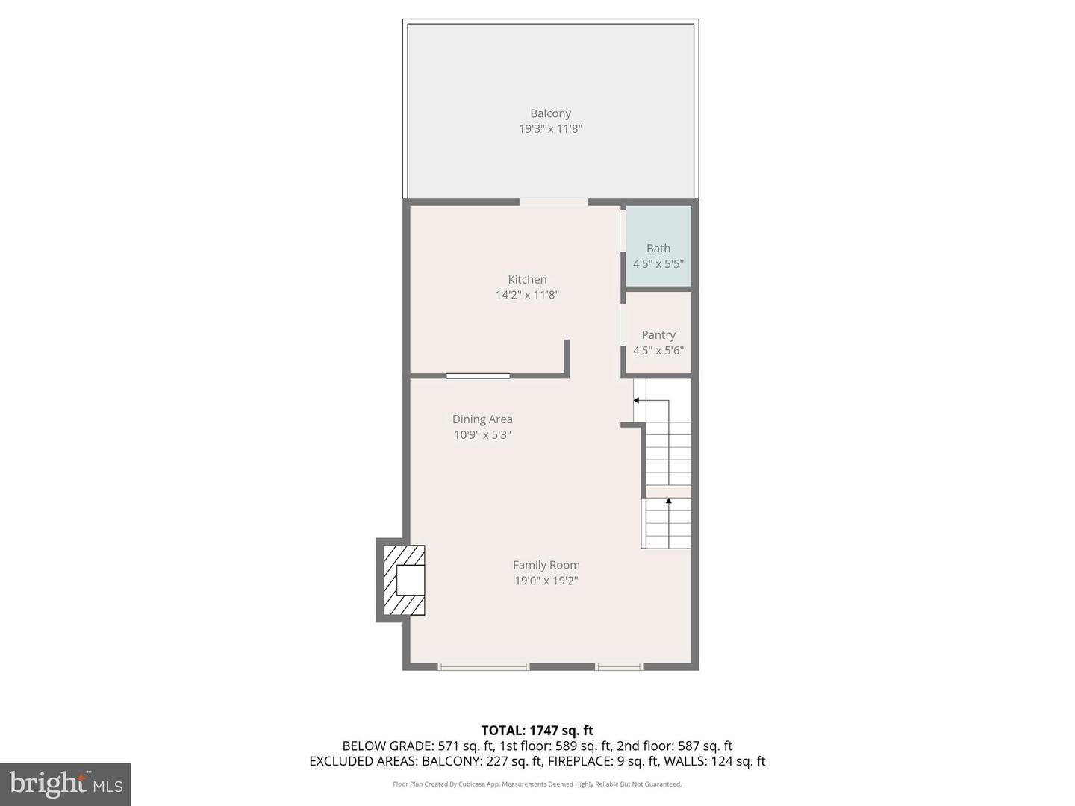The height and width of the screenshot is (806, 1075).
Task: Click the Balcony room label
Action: (550, 113)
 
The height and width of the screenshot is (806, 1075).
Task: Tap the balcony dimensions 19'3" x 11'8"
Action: (550, 128)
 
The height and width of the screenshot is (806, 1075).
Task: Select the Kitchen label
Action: (527, 279)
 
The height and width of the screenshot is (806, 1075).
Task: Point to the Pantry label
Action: (658, 334)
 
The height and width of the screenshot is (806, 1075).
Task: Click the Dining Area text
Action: (482, 419)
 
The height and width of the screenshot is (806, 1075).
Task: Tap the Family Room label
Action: (546, 565)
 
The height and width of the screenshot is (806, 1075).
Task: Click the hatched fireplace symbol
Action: (404, 580)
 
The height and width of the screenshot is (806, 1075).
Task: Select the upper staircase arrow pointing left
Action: (637, 401)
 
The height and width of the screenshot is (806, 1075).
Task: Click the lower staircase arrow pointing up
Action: (668, 502)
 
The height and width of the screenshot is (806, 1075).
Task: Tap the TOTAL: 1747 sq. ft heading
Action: (537, 730)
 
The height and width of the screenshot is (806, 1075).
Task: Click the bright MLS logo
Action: (65, 784)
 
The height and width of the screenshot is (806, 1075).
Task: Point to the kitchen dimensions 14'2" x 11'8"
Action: (527, 295)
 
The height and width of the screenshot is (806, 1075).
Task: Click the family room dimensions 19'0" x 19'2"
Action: (546, 581)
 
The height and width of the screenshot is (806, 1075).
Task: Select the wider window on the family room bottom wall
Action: (483, 666)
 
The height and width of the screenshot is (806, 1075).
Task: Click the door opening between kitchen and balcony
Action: (553, 201)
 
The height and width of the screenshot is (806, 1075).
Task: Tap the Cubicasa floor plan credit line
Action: (537, 784)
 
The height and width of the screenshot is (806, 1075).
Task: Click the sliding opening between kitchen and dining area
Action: (478, 375)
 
